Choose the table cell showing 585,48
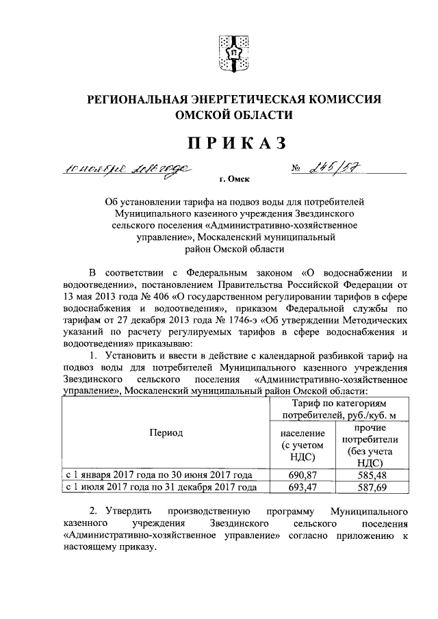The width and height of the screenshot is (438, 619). [x=371, y=475]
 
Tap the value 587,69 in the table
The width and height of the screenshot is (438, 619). [x=371, y=487]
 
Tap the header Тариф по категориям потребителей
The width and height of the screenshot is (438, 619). [x=337, y=410]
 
